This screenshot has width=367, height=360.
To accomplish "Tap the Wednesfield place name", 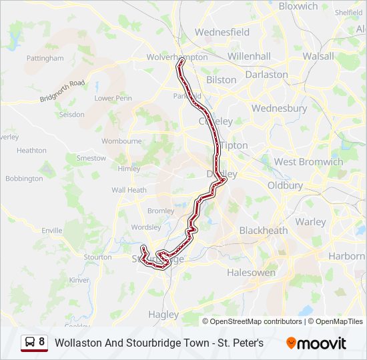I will tap(222, 32).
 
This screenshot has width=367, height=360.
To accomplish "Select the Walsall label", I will tap(318, 57).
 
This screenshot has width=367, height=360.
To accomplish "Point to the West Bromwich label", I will tap(308, 162).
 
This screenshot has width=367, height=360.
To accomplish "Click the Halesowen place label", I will tap(251, 273).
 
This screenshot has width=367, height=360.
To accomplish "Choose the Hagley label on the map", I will tap(163, 315).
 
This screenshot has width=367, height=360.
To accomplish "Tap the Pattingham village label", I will tap(45, 59).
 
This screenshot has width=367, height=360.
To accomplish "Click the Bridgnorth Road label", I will tap(62, 91).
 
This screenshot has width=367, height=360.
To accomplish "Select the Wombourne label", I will tap(121, 141).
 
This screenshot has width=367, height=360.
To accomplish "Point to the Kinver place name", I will tap(79, 280).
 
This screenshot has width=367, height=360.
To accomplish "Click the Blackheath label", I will tap(264, 231).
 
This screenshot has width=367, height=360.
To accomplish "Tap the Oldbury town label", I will tap(285, 185).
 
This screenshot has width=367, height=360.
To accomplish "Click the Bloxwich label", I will tap(298, 6).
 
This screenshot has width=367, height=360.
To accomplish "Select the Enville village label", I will tap(51, 231).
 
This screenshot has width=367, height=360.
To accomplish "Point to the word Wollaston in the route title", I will tap(77, 343).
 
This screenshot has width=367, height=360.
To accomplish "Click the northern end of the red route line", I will tap(181, 61).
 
